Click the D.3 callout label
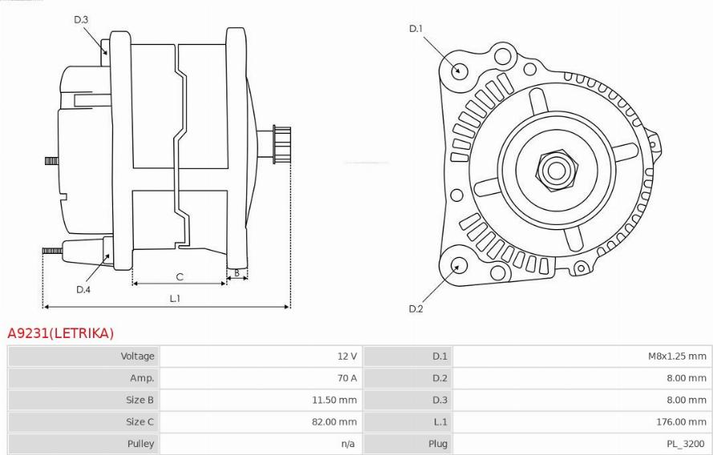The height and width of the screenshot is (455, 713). click(x=81, y=19)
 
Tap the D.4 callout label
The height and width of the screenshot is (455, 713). click(x=83, y=290)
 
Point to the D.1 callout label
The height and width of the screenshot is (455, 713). click(x=415, y=29)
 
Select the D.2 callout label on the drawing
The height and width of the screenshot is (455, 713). click(x=415, y=308)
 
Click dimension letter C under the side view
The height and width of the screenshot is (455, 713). click(x=180, y=276)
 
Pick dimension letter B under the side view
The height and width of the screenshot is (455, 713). click(x=237, y=273)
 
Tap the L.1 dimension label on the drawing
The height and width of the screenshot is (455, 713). click(x=175, y=298)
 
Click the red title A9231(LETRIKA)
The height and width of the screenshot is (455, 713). click(x=60, y=333)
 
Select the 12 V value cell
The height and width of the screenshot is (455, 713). click(x=347, y=356)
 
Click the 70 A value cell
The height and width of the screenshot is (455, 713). click(x=347, y=378)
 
